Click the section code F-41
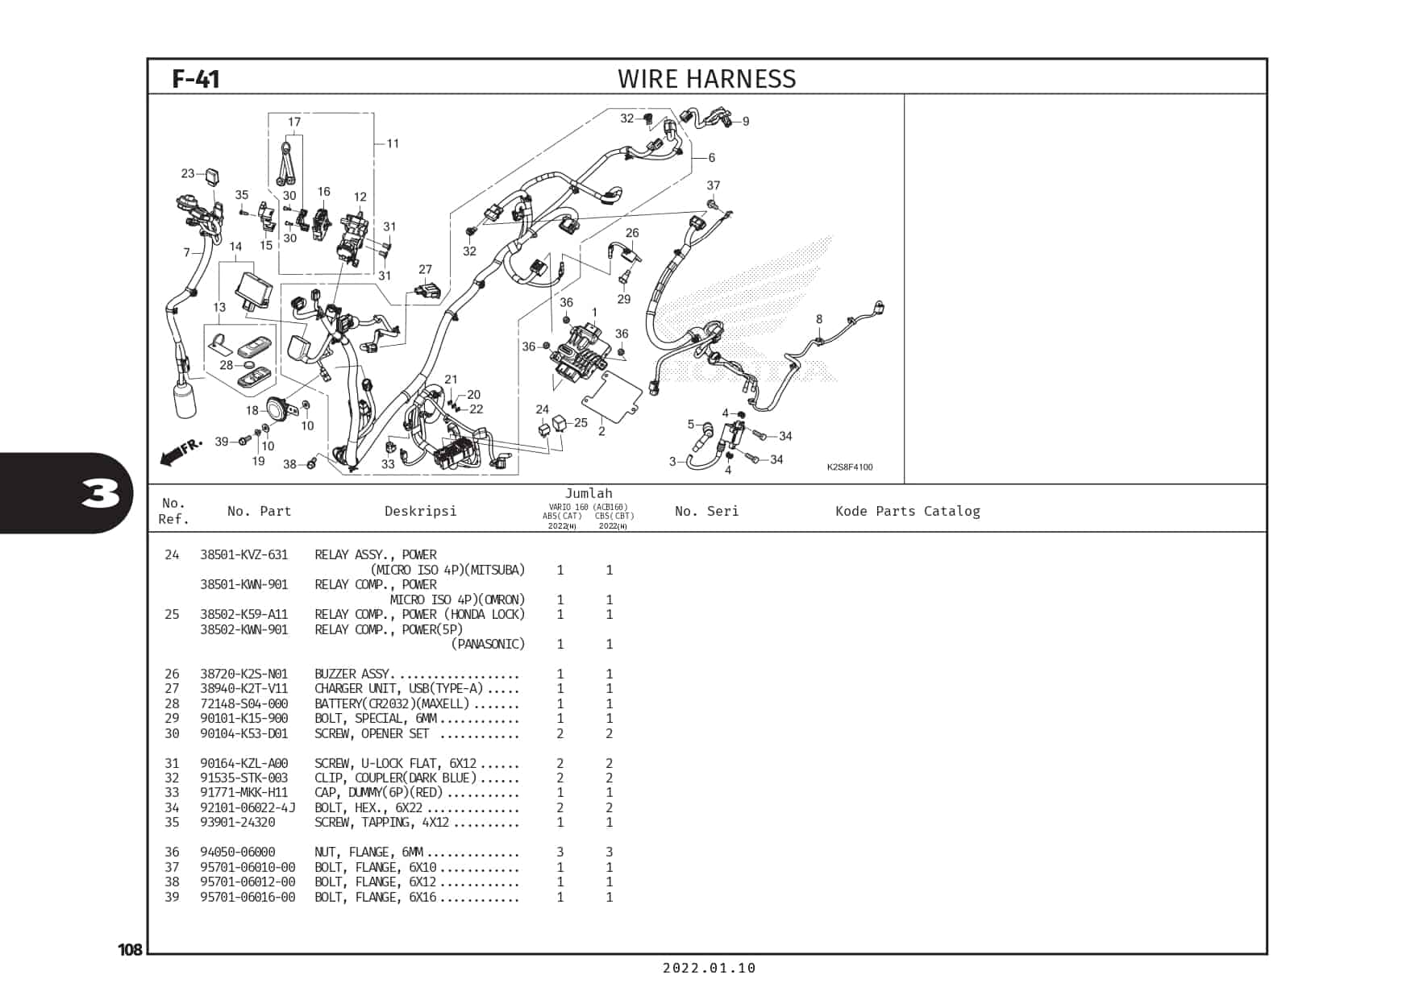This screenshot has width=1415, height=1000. coord(196,79)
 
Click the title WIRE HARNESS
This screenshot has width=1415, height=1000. coord(706,79)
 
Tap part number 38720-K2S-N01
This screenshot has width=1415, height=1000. coord(243,674)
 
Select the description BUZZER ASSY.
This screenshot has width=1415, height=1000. coord(352,674)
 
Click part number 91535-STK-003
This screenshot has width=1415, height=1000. coord(243,778)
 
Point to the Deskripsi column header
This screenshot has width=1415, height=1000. coord(420,511)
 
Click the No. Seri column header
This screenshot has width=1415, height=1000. coord(706,511)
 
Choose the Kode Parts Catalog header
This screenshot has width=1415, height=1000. coord(908,511)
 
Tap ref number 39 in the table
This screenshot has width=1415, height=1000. coord(172,897)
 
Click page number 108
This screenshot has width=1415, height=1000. coord(130,949)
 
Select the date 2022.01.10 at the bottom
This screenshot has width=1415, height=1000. coord(710,968)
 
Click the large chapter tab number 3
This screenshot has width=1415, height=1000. coord(101,493)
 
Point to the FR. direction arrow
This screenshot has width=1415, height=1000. coord(181,451)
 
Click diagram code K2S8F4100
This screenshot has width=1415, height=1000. coord(849,467)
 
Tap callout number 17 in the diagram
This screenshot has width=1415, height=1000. coord(294,122)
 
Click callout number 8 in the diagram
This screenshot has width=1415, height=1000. coord(819,319)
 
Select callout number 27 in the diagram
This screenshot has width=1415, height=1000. coord(425,270)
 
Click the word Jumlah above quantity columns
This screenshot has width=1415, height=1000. coord(589,493)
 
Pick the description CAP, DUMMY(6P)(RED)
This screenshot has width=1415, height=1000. coord(381,792)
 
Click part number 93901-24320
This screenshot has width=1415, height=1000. coord(238,822)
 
